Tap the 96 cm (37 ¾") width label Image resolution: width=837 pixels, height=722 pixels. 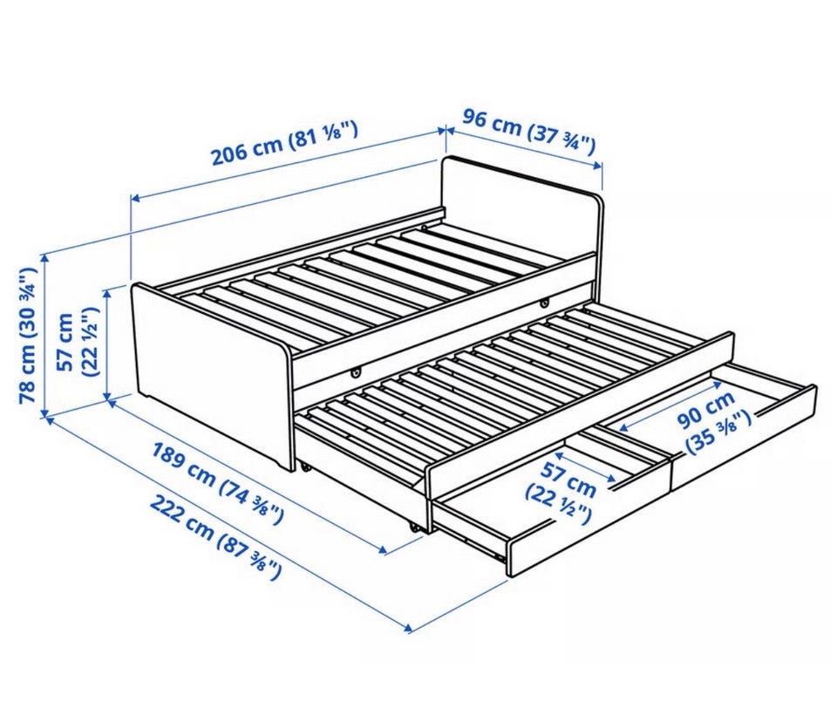coord(528,132)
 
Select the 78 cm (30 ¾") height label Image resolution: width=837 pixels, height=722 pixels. coord(28,336)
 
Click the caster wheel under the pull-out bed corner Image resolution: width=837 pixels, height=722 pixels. coord(412,527)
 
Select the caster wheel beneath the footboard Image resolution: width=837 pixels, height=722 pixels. coord(305,468)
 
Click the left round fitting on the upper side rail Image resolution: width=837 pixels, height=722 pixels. coord(356,372)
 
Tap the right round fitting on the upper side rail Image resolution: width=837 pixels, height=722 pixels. coord(544,303)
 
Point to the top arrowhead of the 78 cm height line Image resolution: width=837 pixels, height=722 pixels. coord(44,257)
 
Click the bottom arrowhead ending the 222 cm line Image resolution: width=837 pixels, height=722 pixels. coord(409,628)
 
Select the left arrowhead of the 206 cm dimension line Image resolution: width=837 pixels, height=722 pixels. coord(136,199)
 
